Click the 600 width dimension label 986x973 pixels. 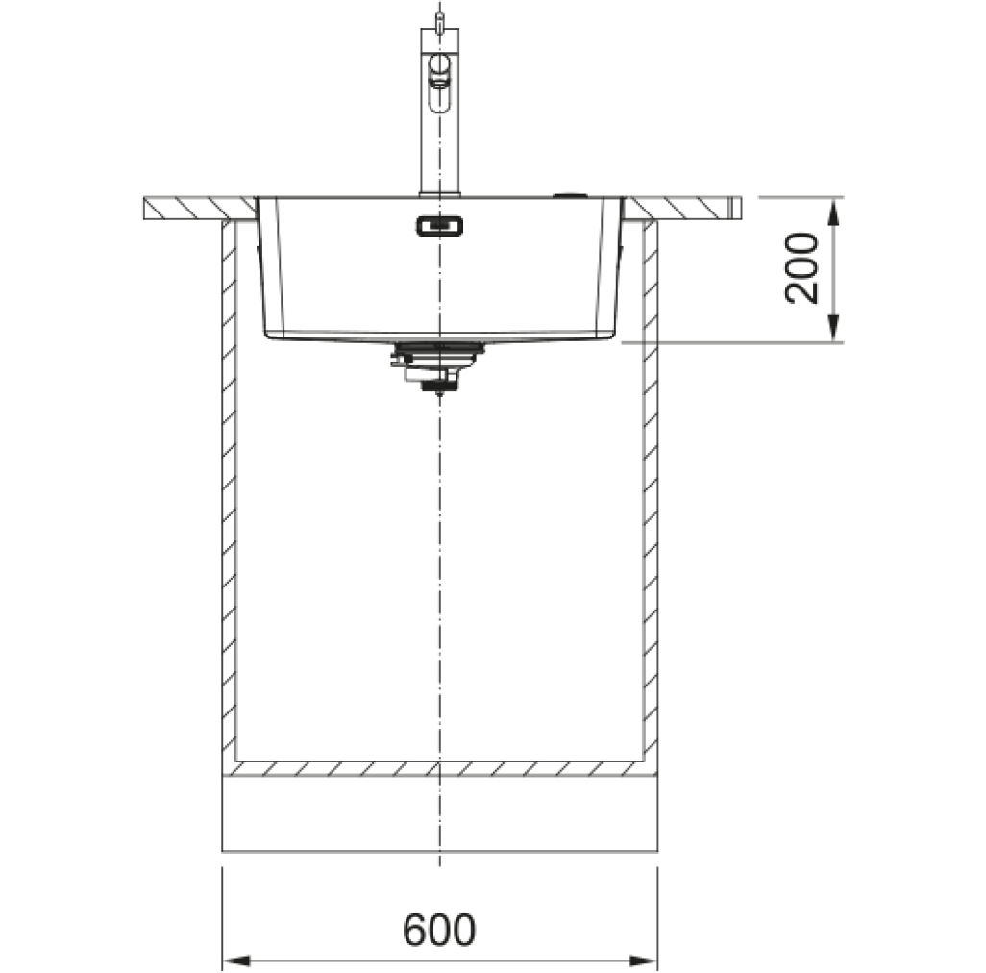point(439,930)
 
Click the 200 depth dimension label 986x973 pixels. point(801,268)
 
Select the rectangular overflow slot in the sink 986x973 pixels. point(439,226)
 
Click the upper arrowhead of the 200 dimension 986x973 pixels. point(833,212)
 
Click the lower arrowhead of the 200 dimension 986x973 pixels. point(833,328)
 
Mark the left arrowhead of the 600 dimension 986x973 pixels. point(237,961)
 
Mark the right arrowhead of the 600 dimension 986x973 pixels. point(643,961)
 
